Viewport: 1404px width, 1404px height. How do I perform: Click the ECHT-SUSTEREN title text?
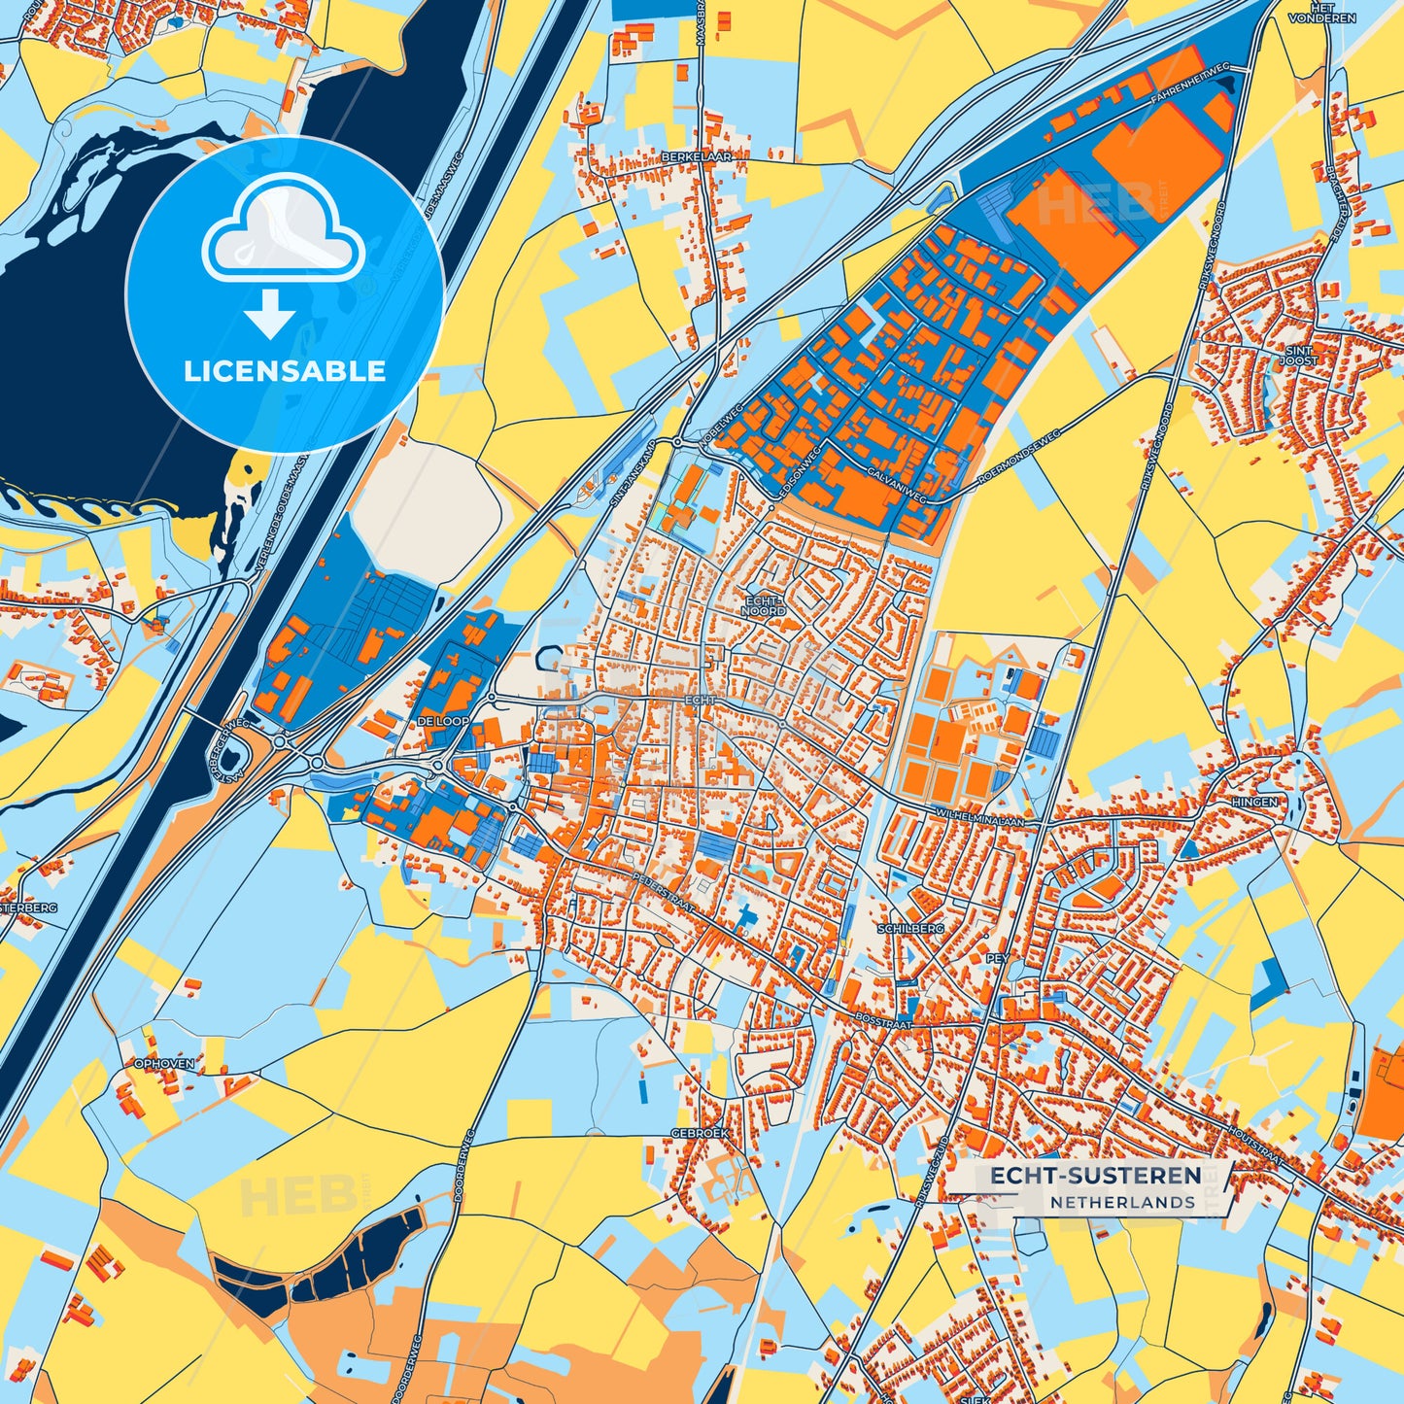click(x=1095, y=1176)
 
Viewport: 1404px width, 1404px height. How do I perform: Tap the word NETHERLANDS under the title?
click(x=1122, y=1202)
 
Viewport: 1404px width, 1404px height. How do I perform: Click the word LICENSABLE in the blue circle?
click(x=285, y=371)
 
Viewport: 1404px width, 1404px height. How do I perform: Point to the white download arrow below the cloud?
click(x=270, y=313)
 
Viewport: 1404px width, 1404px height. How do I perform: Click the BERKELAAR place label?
click(x=696, y=155)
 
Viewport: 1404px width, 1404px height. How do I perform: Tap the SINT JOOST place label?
click(x=1298, y=356)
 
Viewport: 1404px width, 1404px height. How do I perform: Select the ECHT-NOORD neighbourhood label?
click(x=764, y=606)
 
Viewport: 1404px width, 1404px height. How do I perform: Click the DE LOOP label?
click(x=442, y=722)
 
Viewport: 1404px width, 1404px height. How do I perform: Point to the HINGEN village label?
click(x=1254, y=802)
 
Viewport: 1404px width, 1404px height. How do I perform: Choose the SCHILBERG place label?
click(x=910, y=929)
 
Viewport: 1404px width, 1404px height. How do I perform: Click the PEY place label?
click(x=997, y=958)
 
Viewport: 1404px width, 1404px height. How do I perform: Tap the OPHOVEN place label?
click(x=164, y=1064)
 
